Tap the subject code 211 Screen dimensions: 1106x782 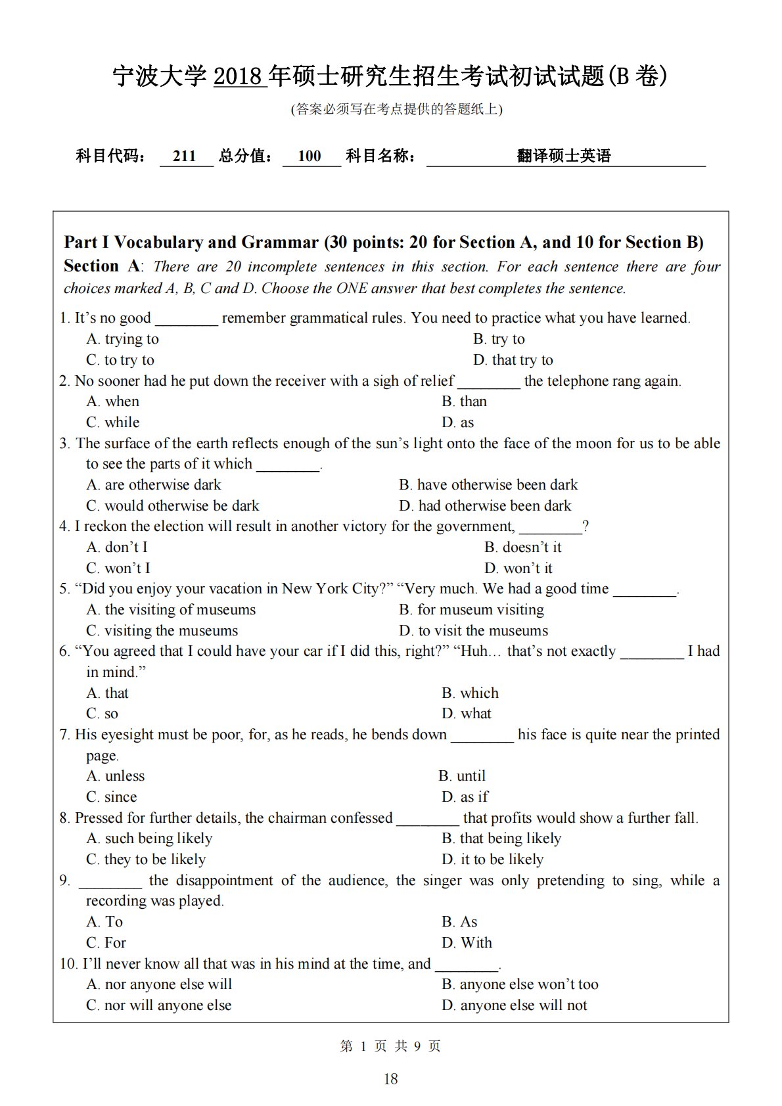(185, 156)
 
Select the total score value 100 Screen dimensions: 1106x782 (310, 156)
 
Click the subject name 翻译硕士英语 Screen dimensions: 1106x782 (564, 156)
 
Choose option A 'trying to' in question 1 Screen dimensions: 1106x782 (123, 339)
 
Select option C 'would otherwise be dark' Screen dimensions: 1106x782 (173, 506)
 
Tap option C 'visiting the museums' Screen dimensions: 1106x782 (162, 631)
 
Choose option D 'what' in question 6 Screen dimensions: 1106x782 (467, 714)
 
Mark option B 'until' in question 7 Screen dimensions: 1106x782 (462, 776)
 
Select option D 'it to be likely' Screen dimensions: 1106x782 (492, 860)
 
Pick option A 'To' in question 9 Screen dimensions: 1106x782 (105, 922)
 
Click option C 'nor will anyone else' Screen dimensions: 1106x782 (159, 1005)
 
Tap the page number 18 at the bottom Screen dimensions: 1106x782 (390, 1079)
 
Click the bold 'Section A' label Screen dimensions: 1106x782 (102, 266)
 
